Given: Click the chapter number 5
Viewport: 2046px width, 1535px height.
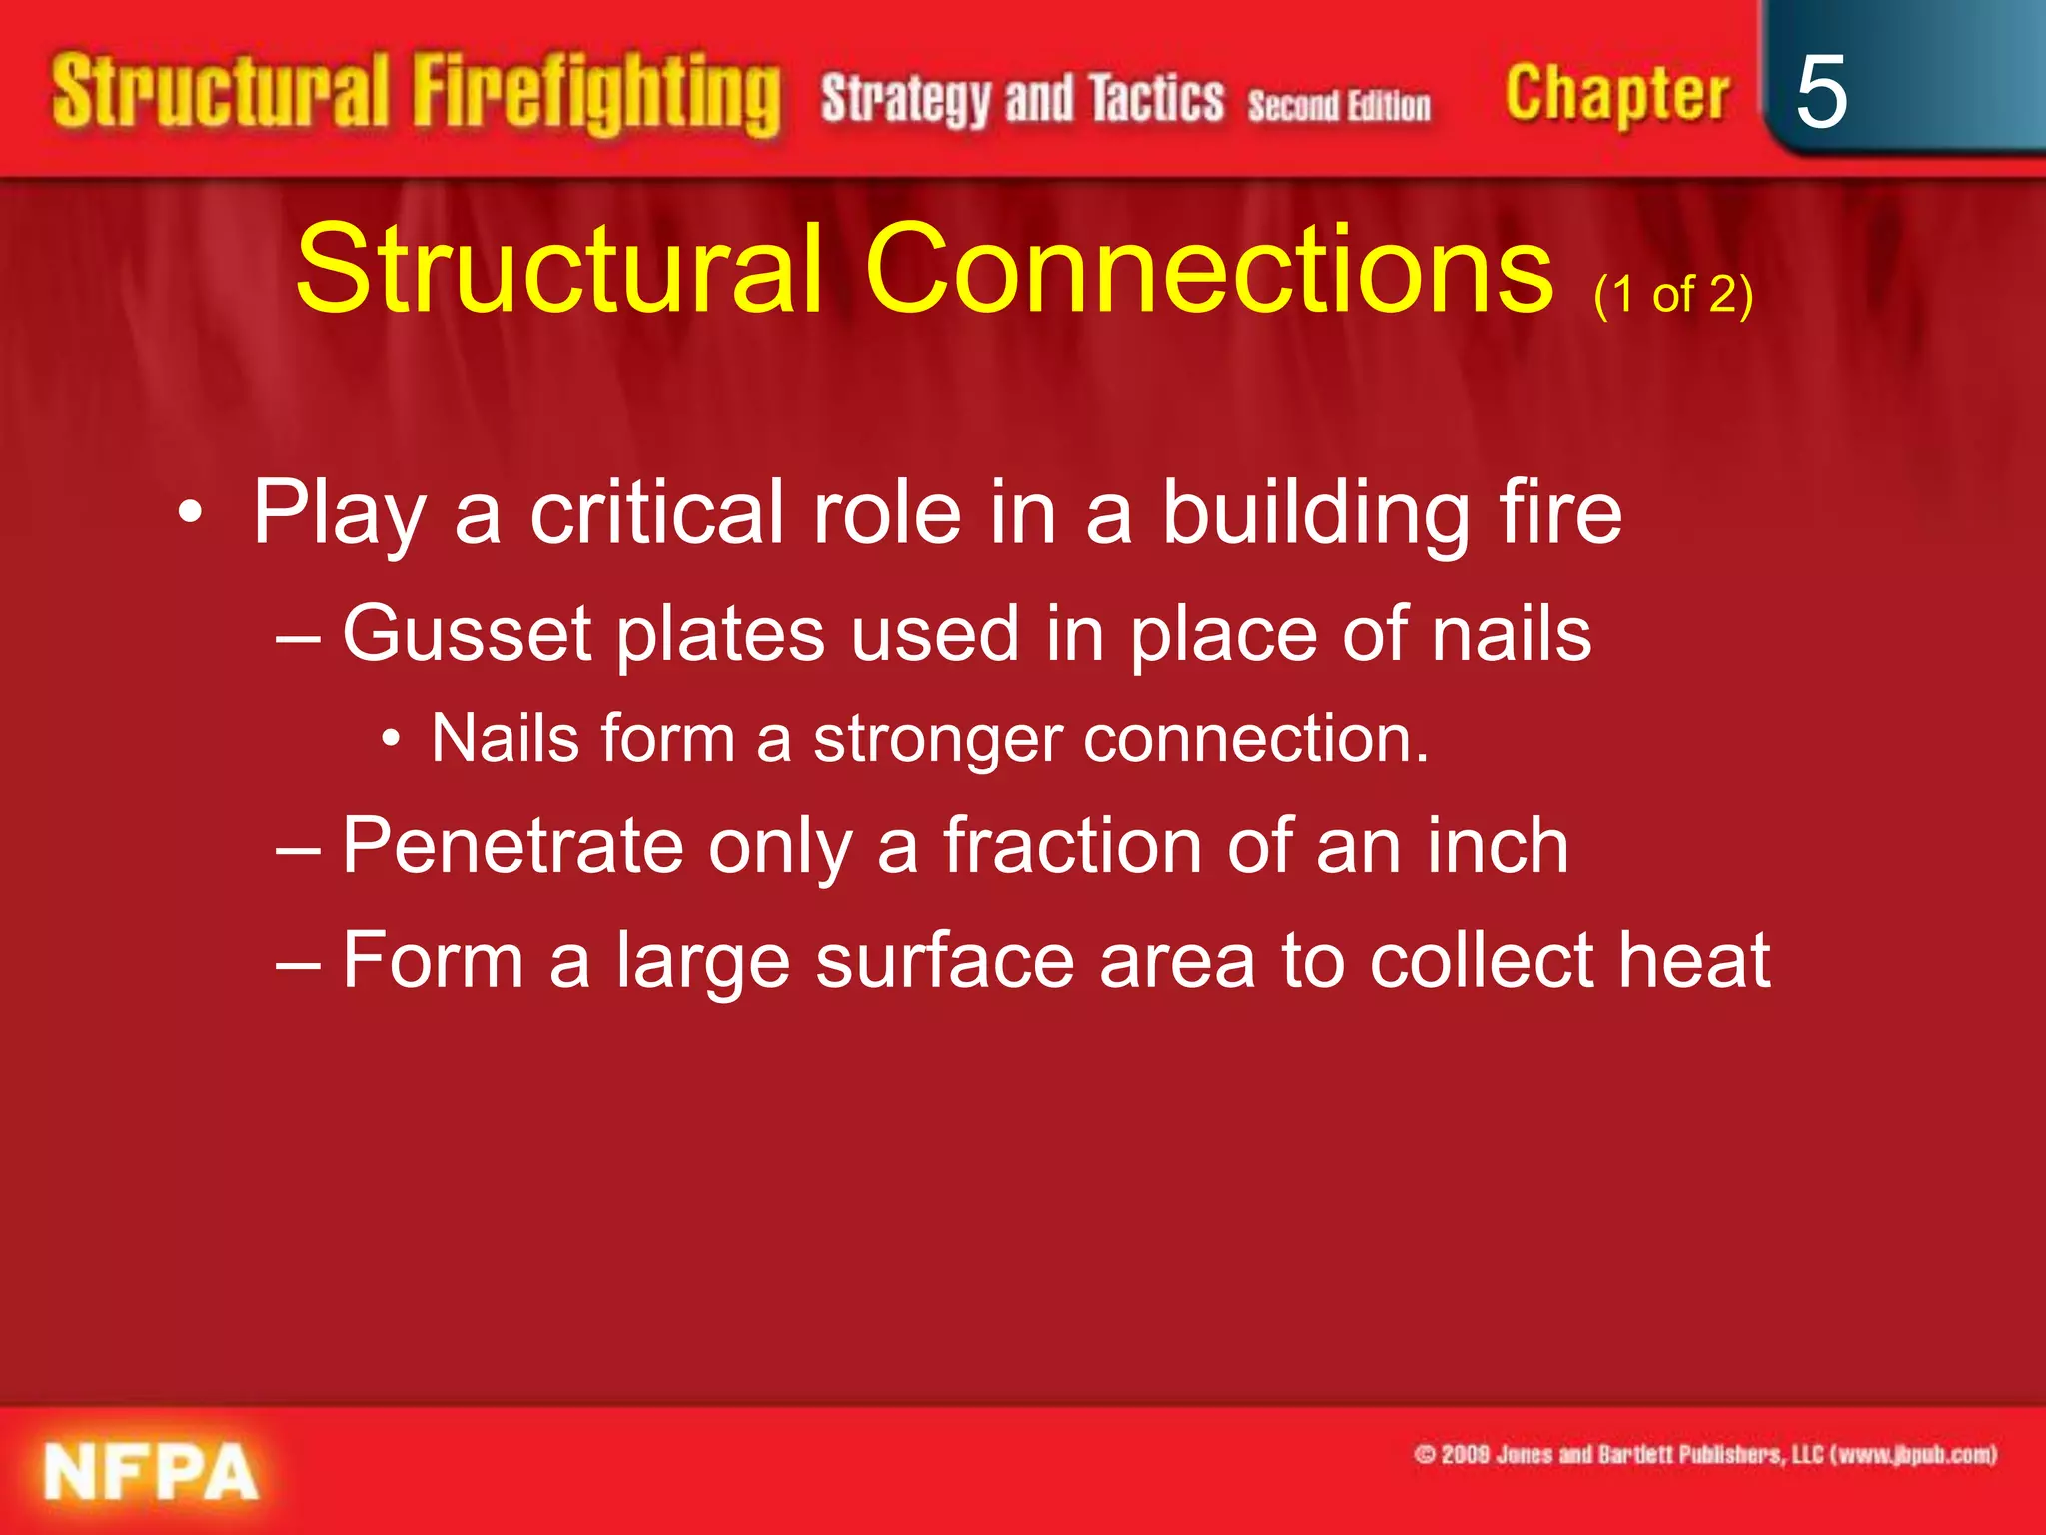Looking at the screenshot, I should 1820,92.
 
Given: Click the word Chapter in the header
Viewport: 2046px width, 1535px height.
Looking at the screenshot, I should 1616,95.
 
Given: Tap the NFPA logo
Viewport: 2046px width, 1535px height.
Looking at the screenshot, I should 151,1472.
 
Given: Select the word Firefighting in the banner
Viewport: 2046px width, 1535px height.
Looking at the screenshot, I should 596,95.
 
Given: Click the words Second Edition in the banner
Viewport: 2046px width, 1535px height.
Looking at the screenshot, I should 1338,105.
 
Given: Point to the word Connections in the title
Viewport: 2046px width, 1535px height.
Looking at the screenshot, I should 1208,268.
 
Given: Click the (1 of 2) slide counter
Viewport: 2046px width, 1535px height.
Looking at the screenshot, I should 1673,295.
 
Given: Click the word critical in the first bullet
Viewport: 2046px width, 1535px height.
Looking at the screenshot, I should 655,512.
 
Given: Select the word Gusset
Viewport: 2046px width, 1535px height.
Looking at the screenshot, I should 468,634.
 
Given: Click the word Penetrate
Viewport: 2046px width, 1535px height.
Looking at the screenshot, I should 511,846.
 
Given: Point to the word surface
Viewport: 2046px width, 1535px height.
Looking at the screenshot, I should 943,961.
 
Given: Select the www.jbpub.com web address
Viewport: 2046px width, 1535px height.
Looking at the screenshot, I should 1911,1454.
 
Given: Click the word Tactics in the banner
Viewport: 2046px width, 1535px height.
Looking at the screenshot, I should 1155,99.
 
